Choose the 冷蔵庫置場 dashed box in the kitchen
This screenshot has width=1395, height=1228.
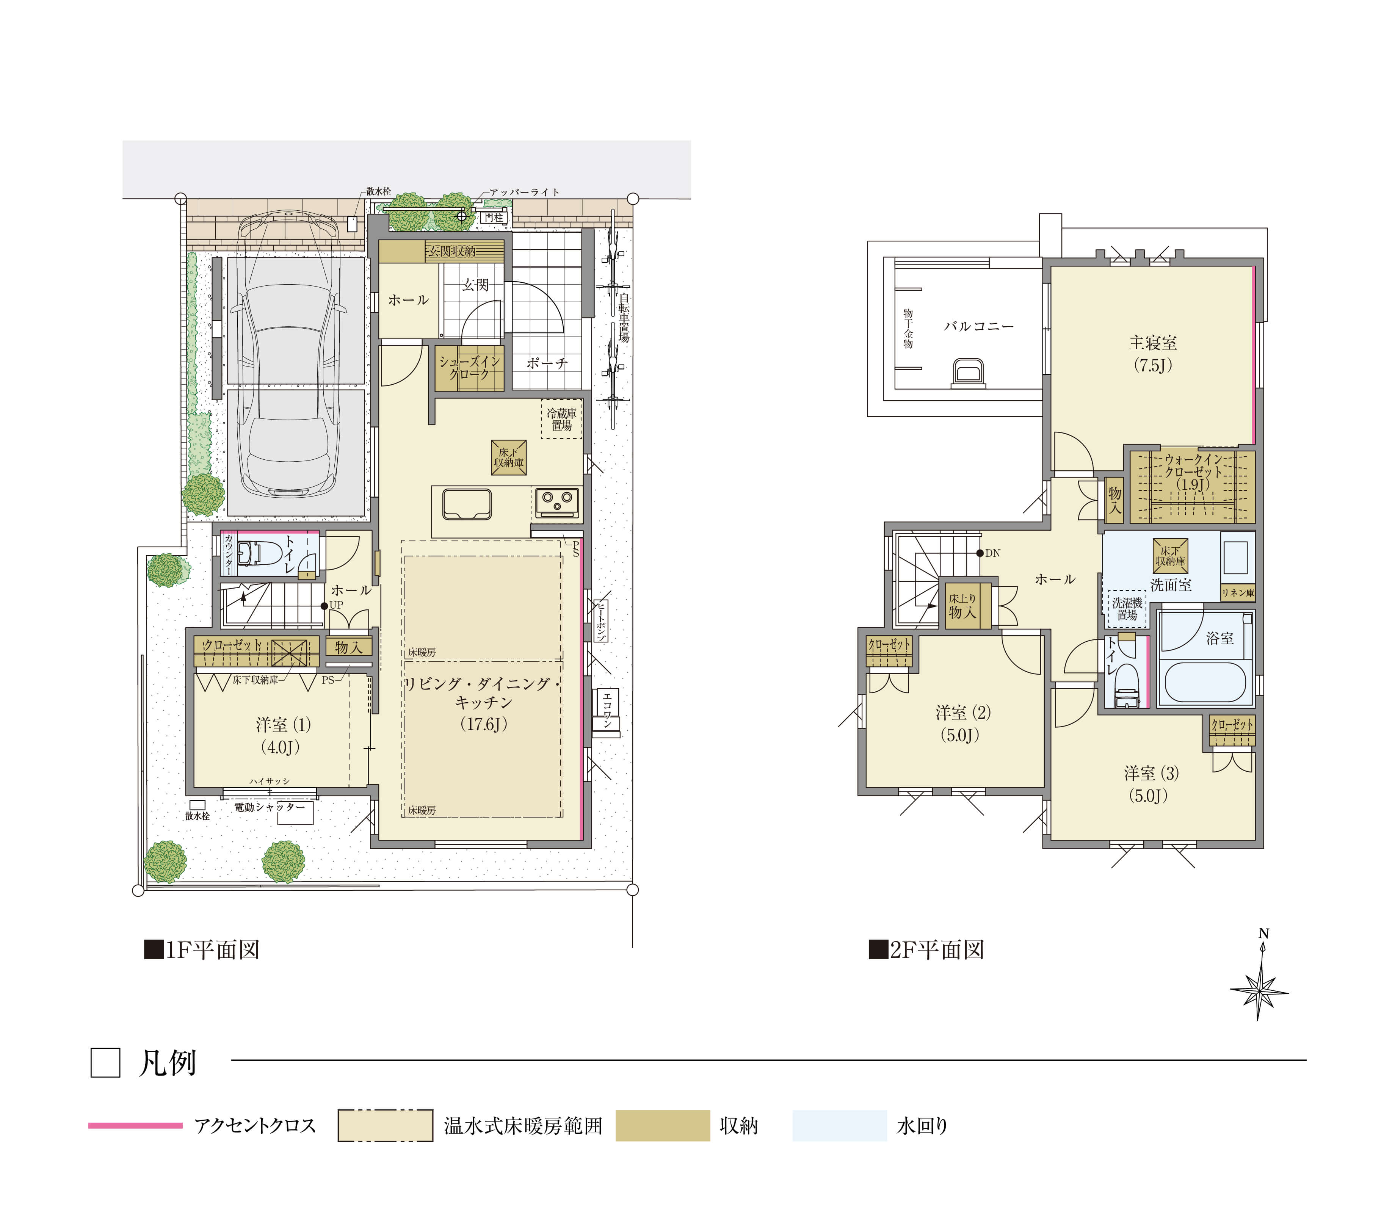point(562,419)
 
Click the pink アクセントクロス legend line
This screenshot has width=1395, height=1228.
point(135,1126)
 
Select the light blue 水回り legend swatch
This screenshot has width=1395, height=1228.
point(839,1126)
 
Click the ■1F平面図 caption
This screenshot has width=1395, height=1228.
point(202,950)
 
